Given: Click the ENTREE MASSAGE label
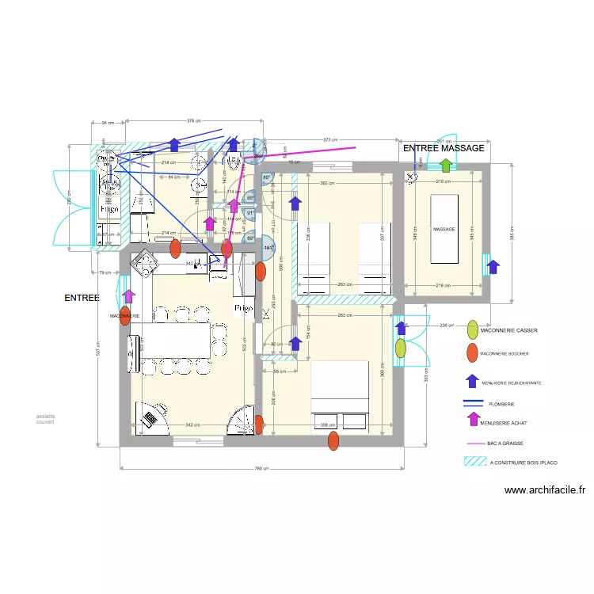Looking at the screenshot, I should click(x=444, y=148).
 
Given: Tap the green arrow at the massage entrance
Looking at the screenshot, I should click(x=446, y=166).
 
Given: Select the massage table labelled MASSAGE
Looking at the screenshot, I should click(x=444, y=230).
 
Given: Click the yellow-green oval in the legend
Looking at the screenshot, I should click(x=472, y=329).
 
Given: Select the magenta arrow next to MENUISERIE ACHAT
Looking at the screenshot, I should click(x=473, y=420).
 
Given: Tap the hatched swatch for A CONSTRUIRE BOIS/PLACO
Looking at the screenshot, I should click(x=473, y=461).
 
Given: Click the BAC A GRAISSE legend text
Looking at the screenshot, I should click(x=506, y=444).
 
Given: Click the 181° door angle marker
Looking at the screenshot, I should click(x=268, y=248).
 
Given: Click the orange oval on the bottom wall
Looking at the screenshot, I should click(x=333, y=440).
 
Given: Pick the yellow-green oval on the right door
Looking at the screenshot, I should click(x=401, y=347).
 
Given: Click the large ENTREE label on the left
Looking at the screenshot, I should click(x=82, y=299).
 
